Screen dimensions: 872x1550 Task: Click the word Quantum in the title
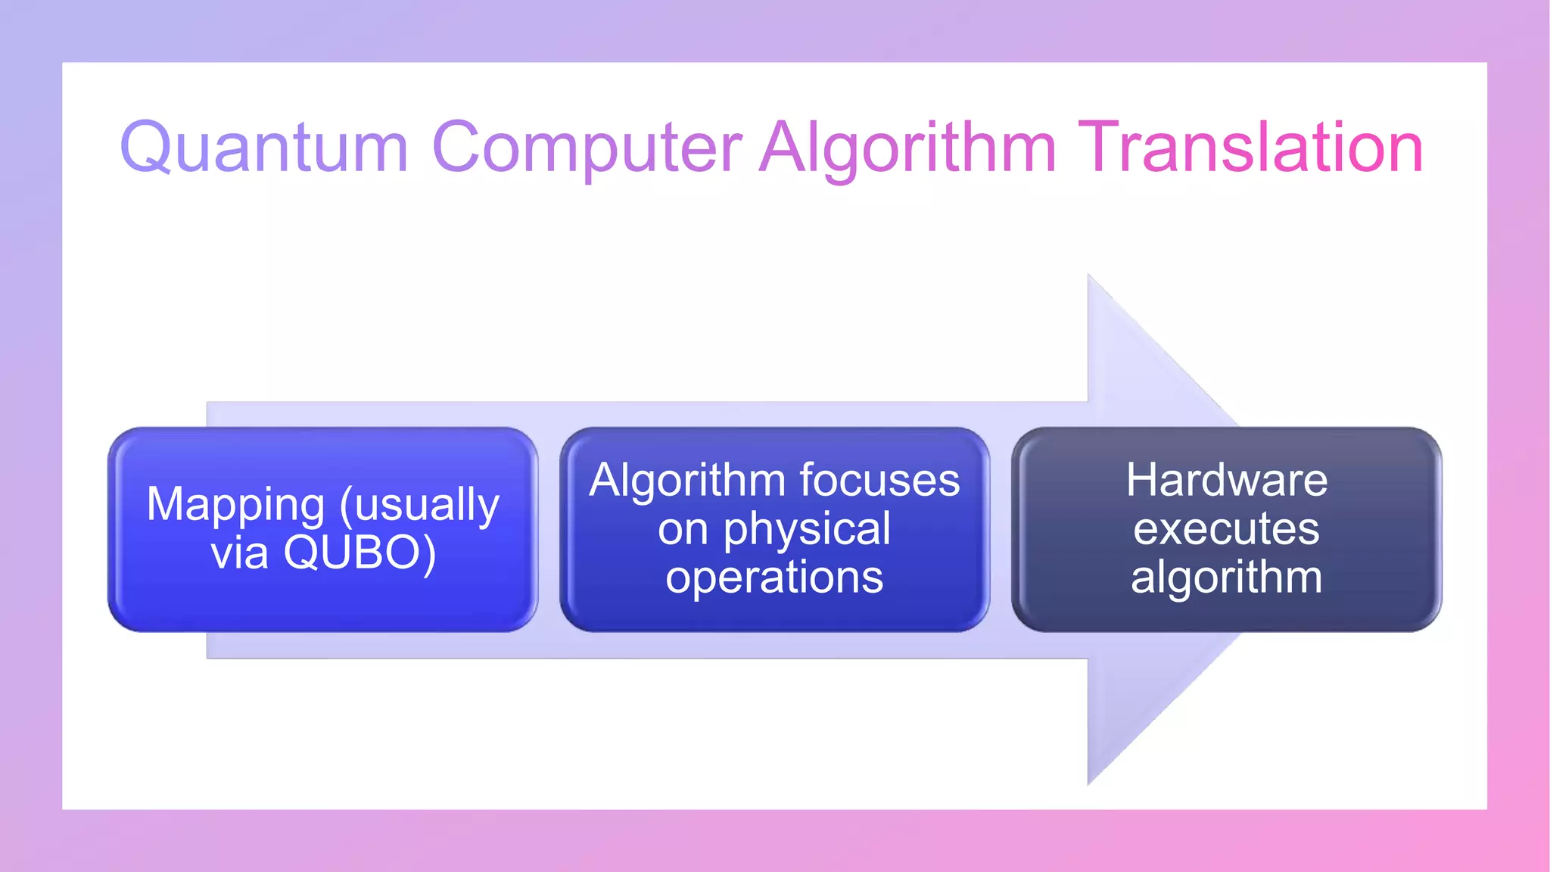click(264, 148)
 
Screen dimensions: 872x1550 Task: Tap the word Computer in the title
click(587, 148)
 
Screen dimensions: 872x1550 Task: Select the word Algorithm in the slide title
click(907, 148)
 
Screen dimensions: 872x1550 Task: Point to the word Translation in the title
click(1250, 148)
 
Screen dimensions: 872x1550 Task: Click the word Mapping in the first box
click(235, 506)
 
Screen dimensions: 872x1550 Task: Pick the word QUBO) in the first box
click(360, 553)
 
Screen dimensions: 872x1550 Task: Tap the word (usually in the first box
click(420, 506)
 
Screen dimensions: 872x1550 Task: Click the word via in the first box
click(239, 553)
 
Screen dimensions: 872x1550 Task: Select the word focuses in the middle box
click(879, 480)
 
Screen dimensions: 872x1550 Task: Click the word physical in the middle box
click(807, 529)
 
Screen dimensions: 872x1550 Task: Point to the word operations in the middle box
click(774, 577)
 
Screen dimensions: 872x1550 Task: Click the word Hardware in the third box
click(1226, 480)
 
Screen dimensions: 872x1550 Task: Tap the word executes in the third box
click(1226, 529)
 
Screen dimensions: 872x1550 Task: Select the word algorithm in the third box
click(1226, 577)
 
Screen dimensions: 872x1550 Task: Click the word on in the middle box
click(682, 529)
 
